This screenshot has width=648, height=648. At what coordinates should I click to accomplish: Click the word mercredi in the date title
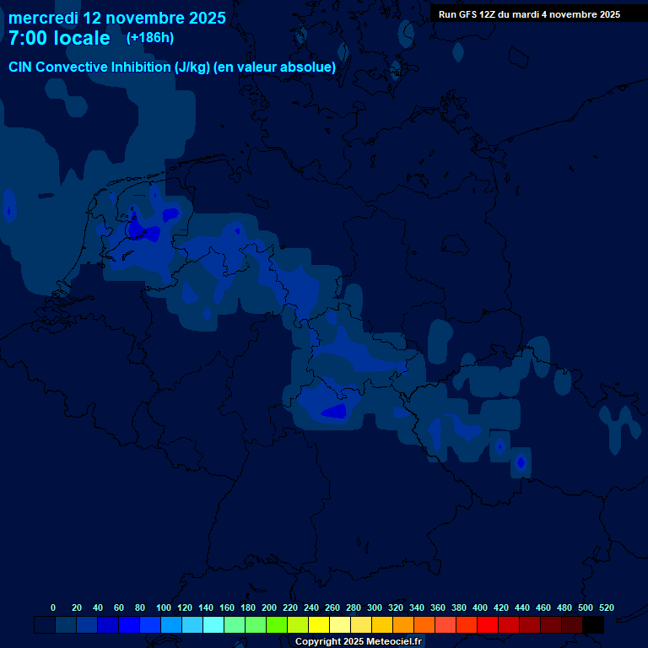[x=43, y=18]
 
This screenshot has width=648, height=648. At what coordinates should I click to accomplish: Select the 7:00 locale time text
[x=59, y=38]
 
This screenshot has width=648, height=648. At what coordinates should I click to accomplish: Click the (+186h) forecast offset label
[x=149, y=38]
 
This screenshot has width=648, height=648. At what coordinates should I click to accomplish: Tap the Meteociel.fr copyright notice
[x=358, y=642]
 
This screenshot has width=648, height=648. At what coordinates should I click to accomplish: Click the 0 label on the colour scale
[x=53, y=607]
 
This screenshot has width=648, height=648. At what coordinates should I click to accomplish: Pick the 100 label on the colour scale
[x=164, y=607]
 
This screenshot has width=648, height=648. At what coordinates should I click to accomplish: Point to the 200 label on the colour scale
[x=269, y=607]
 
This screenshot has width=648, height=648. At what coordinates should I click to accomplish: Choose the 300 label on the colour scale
[x=375, y=607]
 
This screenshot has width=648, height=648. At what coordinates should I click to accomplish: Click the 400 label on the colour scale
[x=480, y=607]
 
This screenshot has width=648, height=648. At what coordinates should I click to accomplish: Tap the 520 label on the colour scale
[x=607, y=607]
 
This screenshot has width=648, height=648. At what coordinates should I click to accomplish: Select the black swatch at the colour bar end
[x=593, y=625]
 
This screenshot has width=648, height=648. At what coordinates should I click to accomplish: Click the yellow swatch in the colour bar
[x=319, y=625]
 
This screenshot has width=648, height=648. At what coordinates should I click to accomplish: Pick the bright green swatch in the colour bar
[x=277, y=625]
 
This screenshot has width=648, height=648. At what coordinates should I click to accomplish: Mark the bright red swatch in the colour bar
[x=488, y=625]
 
